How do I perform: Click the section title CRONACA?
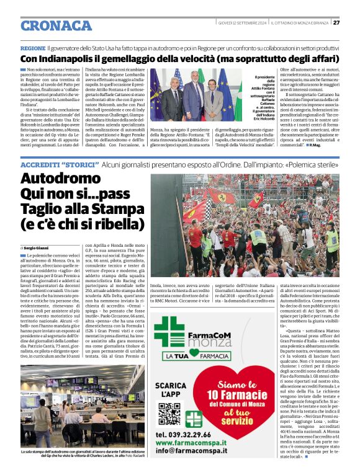click(56, 25)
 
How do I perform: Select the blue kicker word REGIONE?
click(33, 48)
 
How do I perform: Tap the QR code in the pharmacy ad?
click(168, 413)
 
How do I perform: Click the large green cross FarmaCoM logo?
click(168, 331)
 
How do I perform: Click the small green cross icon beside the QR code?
click(194, 419)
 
